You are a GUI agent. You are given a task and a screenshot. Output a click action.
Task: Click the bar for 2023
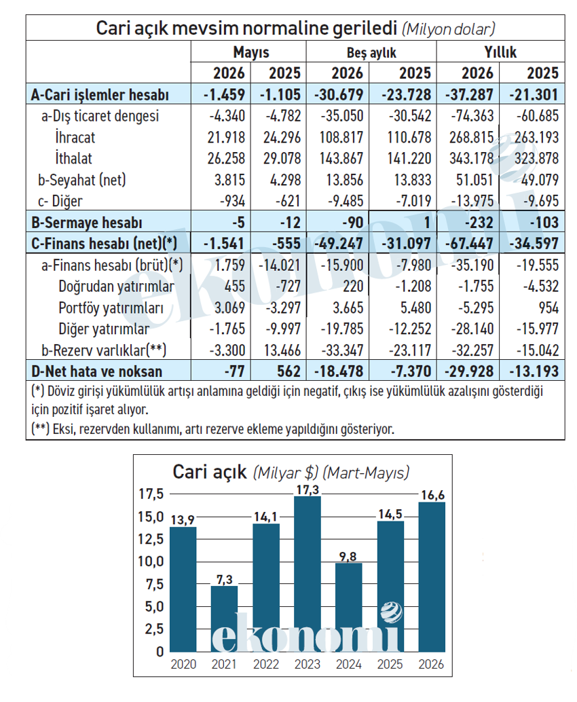click(308, 574)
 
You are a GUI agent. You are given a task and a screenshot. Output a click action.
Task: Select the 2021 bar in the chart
click(224, 618)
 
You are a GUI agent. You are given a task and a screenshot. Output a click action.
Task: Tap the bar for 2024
click(349, 608)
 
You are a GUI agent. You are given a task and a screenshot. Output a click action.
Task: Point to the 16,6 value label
click(432, 495)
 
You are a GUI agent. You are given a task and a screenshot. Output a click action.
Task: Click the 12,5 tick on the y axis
click(151, 539)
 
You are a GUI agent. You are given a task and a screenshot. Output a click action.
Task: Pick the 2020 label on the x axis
click(183, 664)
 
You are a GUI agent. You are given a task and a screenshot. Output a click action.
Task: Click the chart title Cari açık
click(210, 472)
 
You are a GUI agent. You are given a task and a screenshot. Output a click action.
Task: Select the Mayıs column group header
click(251, 52)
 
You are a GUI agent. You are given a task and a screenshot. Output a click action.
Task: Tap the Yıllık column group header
click(500, 52)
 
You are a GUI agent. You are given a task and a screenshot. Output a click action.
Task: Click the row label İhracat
click(75, 137)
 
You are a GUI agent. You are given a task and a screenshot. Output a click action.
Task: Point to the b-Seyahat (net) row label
click(82, 179)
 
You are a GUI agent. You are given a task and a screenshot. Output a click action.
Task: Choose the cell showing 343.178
click(471, 158)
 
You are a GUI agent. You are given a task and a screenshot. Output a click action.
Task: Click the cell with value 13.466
click(282, 350)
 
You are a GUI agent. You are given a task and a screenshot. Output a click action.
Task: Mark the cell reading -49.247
click(339, 244)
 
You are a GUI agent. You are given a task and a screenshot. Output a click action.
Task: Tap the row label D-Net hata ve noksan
click(96, 371)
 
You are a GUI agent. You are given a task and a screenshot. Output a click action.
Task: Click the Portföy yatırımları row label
click(111, 308)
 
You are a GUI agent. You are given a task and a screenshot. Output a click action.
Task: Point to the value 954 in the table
click(548, 308)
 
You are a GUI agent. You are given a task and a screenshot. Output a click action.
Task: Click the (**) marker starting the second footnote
click(40, 429)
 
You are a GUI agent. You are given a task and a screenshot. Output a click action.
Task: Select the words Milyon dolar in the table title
click(449, 29)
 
